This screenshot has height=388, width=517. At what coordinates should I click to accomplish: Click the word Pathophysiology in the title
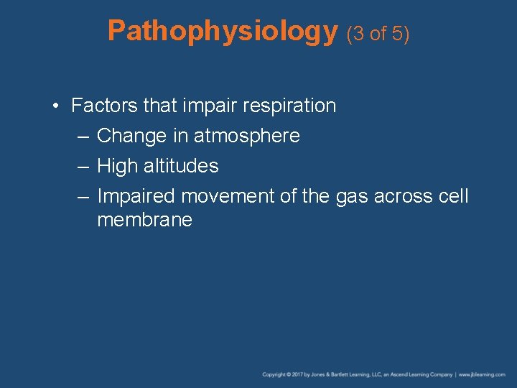(223, 31)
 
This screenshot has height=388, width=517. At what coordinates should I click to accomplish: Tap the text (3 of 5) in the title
(378, 33)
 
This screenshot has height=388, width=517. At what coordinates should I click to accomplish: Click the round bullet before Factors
(56, 106)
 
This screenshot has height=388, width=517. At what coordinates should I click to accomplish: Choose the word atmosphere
(247, 136)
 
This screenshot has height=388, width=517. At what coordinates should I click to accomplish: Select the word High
(117, 166)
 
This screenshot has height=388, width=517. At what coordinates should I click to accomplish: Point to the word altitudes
(181, 166)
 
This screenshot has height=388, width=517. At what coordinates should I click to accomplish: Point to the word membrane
(144, 220)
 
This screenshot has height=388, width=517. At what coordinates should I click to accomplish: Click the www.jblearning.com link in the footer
(482, 375)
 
